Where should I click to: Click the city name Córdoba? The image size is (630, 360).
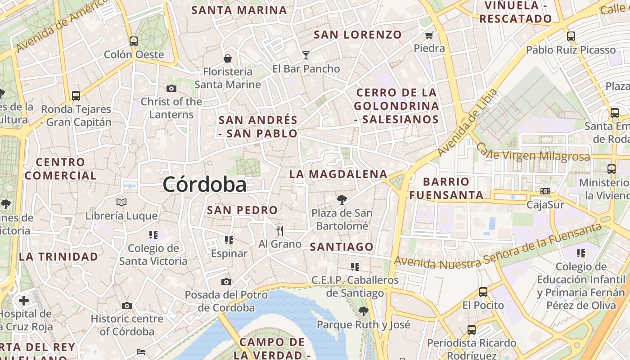click(205, 184)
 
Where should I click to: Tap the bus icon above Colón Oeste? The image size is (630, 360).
click(134, 41)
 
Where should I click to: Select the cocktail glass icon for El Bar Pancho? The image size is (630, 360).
click(306, 55)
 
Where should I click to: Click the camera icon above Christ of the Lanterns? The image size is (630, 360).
click(171, 88)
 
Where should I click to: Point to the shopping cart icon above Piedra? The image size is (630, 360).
click(429, 35)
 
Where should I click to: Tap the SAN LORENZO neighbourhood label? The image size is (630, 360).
click(358, 35)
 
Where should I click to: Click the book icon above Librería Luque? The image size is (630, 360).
click(121, 202)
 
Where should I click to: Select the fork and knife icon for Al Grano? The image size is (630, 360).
click(280, 231)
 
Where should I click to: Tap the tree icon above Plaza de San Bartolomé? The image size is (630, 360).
click(342, 200)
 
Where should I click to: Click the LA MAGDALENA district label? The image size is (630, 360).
click(338, 174)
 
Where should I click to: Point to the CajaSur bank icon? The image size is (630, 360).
click(545, 191)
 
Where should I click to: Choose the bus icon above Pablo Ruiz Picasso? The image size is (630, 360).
click(571, 36)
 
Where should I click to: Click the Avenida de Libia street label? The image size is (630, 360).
click(468, 122)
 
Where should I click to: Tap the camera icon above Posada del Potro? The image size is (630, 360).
click(226, 282)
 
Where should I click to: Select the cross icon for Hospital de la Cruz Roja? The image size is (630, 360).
click(24, 300)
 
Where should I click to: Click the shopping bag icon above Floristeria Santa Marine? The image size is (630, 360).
click(228, 58)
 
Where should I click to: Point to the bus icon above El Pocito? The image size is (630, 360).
click(483, 292)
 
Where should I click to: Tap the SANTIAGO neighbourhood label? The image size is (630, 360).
click(342, 247)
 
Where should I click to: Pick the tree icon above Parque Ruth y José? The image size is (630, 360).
click(364, 311)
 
